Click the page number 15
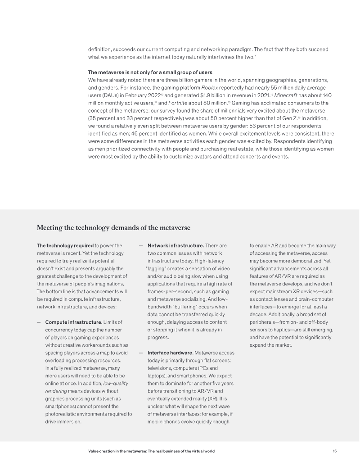(334, 451)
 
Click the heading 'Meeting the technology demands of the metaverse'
(113, 228)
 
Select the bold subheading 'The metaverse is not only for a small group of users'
(150, 72)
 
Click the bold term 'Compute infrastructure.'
(74, 322)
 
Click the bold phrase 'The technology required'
(65, 245)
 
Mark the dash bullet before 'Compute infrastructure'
(39, 322)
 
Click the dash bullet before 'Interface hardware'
(141, 353)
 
